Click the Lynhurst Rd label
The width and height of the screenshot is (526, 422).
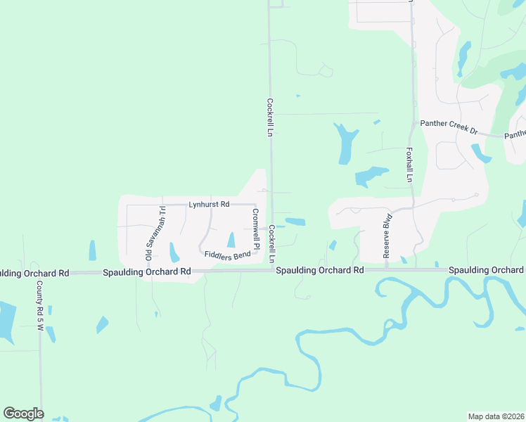pos(209,205)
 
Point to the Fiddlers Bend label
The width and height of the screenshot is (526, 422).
pos(228,255)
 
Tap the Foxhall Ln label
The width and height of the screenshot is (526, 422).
pos(409,165)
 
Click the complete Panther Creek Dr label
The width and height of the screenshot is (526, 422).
pos(449,123)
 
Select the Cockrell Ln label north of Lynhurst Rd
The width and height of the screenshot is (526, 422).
pos(269,116)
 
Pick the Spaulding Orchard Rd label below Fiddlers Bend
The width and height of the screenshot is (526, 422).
pos(147,271)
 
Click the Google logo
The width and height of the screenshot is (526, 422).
pos(23,414)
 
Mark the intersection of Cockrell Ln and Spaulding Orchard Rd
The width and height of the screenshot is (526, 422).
pos(272,270)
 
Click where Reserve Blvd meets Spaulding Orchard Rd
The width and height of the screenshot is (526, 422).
pos(386,269)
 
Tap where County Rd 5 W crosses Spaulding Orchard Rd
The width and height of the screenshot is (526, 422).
pos(41,272)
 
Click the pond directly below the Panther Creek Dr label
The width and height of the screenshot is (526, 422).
pos(481,153)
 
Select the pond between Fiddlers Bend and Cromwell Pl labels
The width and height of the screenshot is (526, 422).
pos(231,239)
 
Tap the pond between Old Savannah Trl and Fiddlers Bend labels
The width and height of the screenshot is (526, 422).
pos(174,252)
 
